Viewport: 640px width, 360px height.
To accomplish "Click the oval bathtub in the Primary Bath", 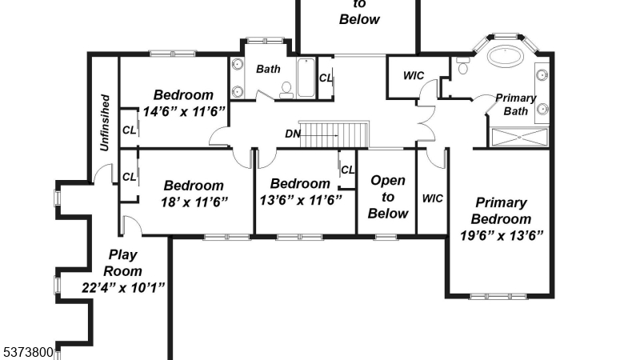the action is point(506,55).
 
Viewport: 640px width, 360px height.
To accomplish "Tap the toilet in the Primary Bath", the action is point(462,66).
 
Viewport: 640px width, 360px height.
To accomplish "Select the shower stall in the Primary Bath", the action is point(519,137).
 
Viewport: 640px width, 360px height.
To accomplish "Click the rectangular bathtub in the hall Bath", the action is point(306,78).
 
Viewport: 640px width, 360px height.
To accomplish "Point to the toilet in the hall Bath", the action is point(286,90).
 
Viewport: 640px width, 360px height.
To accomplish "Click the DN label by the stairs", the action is point(293,134).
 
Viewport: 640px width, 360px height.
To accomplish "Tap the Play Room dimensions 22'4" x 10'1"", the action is point(123,287).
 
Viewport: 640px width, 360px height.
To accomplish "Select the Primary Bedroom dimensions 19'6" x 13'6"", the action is point(502,235).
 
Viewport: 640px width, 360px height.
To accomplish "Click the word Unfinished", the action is point(105,122).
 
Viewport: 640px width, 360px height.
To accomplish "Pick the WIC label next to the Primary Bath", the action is point(414,75).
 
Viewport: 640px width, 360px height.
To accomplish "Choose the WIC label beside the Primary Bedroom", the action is point(432,198).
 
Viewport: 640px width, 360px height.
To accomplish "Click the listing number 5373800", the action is point(27,352).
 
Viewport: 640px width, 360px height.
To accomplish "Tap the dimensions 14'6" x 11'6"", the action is point(184,111).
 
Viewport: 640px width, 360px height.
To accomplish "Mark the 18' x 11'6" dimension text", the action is point(194,202).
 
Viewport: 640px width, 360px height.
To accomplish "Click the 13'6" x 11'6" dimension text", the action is point(301,200).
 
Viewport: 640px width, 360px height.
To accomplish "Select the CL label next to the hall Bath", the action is point(326,78).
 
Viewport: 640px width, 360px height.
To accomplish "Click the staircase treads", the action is point(334,134).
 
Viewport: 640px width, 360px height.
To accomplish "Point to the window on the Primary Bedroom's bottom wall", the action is point(498,296).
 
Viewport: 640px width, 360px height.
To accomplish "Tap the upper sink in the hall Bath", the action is point(238,64).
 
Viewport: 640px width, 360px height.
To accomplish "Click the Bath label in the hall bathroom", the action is point(268,69).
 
